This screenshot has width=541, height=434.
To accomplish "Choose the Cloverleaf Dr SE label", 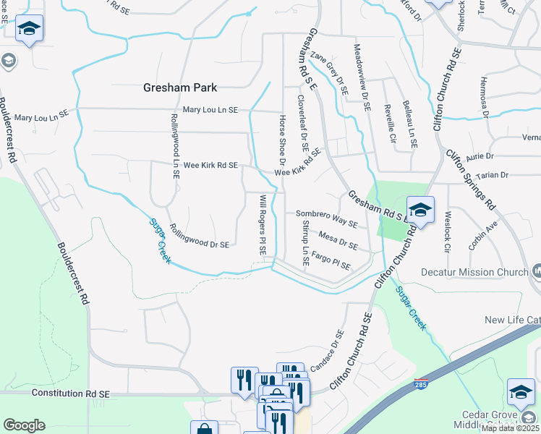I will [x=304, y=125].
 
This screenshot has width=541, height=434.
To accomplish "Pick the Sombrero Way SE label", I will [x=327, y=213].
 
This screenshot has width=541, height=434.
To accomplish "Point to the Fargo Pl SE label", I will [x=331, y=262].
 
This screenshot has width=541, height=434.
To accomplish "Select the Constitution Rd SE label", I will [x=70, y=393].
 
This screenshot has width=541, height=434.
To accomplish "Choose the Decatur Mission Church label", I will [x=474, y=273].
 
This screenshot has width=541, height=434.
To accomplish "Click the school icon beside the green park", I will [x=419, y=210].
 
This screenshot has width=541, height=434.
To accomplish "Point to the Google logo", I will [x=24, y=425].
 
